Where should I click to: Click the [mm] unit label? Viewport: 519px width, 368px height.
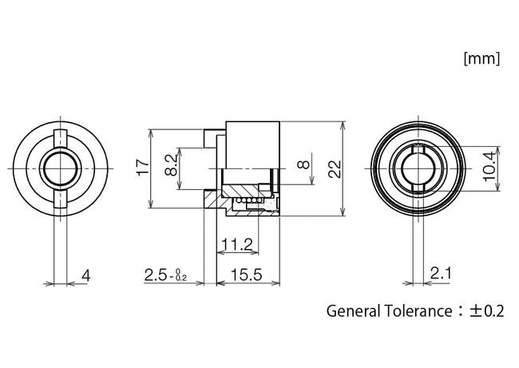point(481,57)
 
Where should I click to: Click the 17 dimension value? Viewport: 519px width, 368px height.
point(142,168)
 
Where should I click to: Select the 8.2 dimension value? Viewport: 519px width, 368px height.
point(171,166)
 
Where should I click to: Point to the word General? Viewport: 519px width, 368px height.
point(354,311)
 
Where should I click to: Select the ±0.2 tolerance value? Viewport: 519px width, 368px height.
point(489,311)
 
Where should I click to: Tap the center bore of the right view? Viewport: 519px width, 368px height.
point(417,168)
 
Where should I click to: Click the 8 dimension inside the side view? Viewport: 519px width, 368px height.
point(301,167)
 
